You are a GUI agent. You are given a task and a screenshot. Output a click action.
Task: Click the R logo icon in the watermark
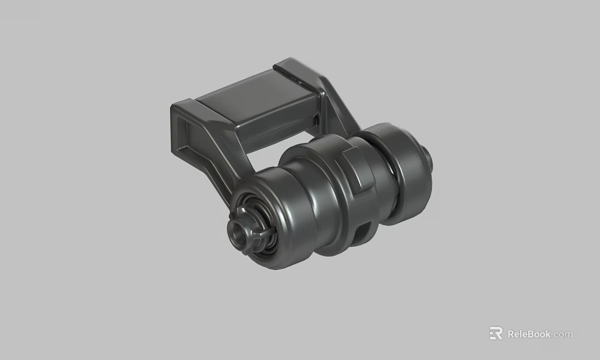point(496,334)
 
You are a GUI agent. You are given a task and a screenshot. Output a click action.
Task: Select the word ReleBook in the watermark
point(529,334)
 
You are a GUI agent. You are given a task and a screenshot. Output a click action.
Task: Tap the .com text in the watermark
point(562,334)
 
